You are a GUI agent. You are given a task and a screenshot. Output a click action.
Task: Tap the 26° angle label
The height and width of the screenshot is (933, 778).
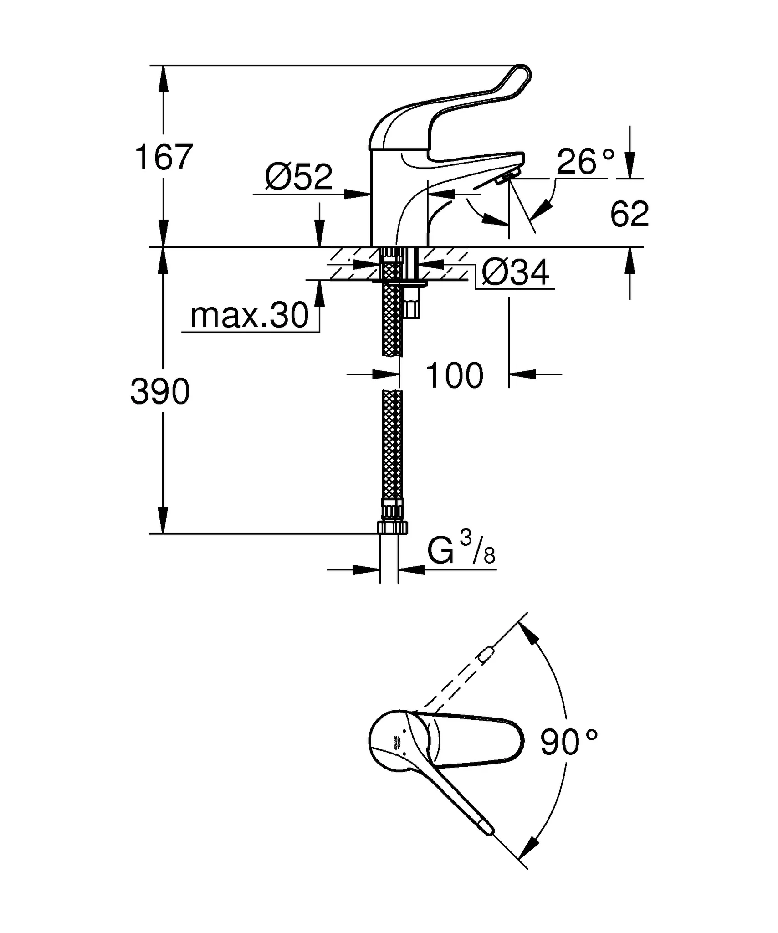[x=585, y=162]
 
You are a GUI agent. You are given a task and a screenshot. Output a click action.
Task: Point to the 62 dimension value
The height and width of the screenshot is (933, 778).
[x=630, y=214]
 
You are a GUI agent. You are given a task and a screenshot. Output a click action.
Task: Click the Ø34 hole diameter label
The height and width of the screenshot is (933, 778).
[x=516, y=273]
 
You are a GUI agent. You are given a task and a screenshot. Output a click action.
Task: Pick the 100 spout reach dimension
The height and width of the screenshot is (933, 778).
[x=454, y=376]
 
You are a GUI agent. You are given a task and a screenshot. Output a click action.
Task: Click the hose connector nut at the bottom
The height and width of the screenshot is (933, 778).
[x=392, y=528]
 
